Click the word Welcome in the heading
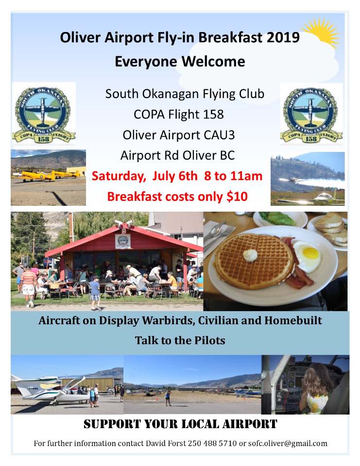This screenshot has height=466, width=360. [x=213, y=62]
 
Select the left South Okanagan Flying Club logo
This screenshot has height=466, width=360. [x=43, y=114]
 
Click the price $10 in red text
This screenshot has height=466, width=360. [x=237, y=197]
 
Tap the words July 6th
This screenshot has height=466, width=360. [x=174, y=176]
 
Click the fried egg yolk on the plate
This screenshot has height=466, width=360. [x=310, y=252]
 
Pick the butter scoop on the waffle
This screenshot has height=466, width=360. [x=250, y=255]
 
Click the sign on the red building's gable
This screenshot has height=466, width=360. [x=122, y=241]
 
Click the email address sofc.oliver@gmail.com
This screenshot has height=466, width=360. [x=288, y=444]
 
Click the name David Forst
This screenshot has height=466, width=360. [x=165, y=443]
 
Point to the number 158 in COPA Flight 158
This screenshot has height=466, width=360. [x=214, y=115]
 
